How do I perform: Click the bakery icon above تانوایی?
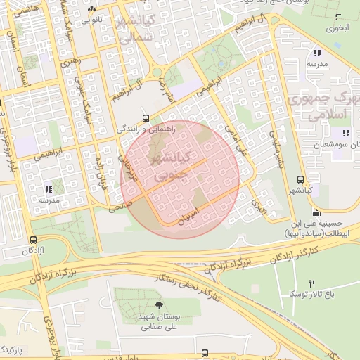[x=92, y=9]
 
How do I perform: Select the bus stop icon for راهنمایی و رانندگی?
[x=146, y=118]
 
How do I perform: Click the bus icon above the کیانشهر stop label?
[x=301, y=179]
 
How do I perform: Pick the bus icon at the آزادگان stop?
[x=34, y=239]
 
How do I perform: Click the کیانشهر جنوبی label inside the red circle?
[x=174, y=162]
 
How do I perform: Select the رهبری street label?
[x=70, y=63]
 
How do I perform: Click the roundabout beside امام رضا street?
[x=158, y=72]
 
